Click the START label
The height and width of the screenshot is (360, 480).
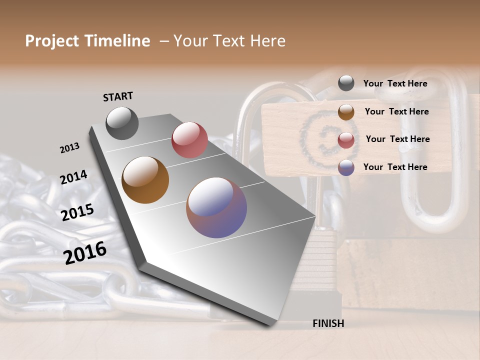pyautogui.click(x=118, y=96)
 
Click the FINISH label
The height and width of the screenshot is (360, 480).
pyautogui.click(x=328, y=323)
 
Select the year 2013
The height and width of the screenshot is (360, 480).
pyautogui.click(x=69, y=148)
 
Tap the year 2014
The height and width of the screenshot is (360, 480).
pyautogui.click(x=73, y=177)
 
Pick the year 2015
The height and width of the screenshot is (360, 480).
pyautogui.click(x=77, y=212)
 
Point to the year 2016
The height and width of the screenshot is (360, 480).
pyautogui.click(x=85, y=253)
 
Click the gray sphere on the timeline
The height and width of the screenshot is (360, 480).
pyautogui.click(x=122, y=123)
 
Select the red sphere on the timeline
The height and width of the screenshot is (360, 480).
pyautogui.click(x=189, y=140)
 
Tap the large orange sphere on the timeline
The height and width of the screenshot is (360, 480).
pyautogui.click(x=145, y=180)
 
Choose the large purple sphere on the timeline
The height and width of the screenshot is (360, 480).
pyautogui.click(x=216, y=207)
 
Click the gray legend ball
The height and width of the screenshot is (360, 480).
pyautogui.click(x=346, y=83)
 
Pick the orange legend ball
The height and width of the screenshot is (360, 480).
pyautogui.click(x=346, y=112)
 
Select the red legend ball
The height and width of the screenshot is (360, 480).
pyautogui.click(x=346, y=140)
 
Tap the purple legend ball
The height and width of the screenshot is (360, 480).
pyautogui.click(x=346, y=167)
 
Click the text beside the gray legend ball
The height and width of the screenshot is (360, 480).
pyautogui.click(x=395, y=83)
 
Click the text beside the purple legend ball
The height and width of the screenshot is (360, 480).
pyautogui.click(x=395, y=167)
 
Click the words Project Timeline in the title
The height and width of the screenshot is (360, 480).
pyautogui.click(x=87, y=41)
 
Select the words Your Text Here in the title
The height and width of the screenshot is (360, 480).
pyautogui.click(x=229, y=41)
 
